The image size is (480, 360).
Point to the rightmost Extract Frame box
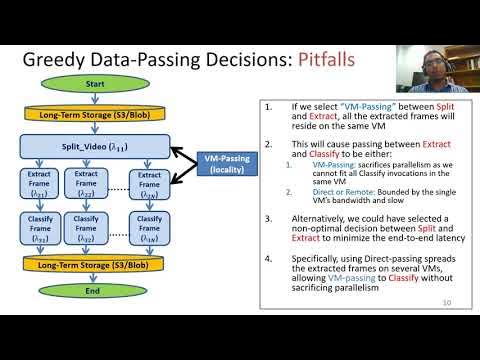(x=147, y=184)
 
